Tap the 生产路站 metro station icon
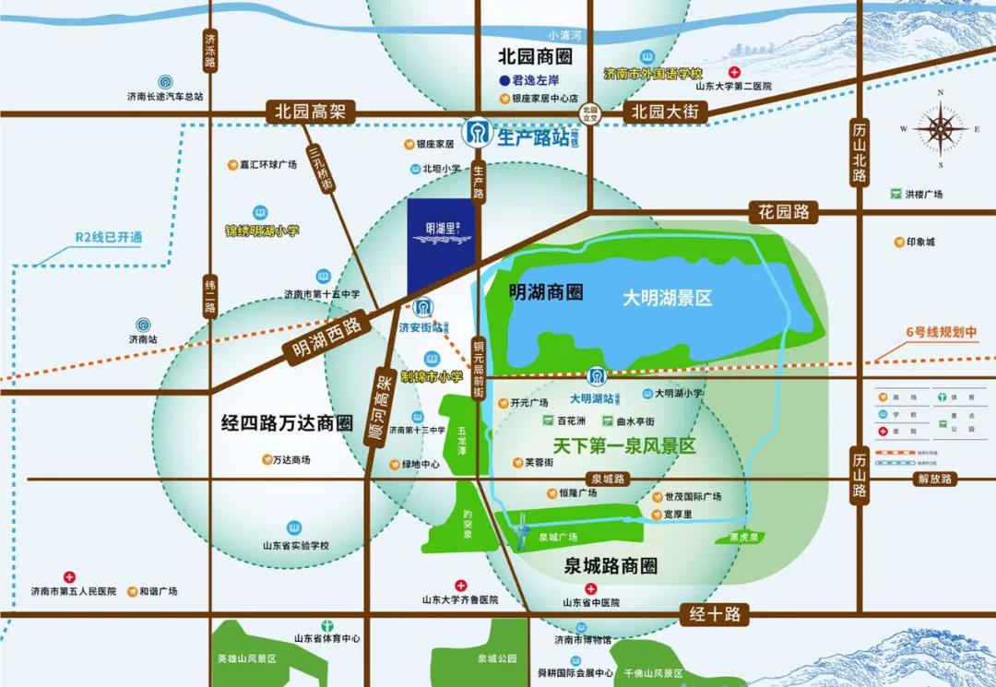point(477,135)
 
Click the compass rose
point(940,129)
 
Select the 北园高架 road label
point(309,112)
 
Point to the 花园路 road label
point(784,211)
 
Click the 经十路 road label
point(715,614)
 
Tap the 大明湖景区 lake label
point(667,298)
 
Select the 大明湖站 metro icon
point(597,376)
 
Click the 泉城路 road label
point(608,479)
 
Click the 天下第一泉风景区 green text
point(624,446)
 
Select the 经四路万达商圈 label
point(288,423)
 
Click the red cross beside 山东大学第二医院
point(734,72)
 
